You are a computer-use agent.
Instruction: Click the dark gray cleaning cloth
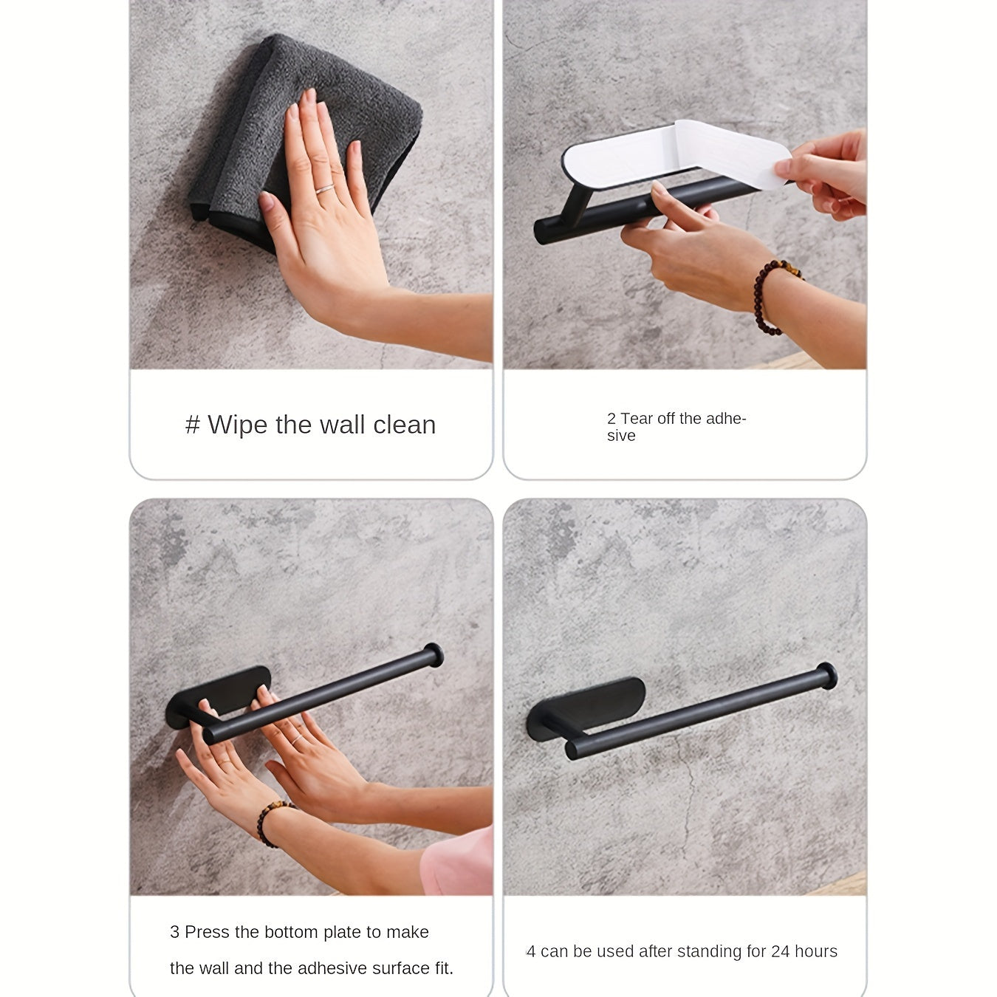coord(332,111)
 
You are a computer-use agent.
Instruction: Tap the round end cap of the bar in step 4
coord(826,674)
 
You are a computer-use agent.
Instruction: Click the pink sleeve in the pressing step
coord(458,864)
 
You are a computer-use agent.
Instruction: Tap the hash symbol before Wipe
coord(193,425)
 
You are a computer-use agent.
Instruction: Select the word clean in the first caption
coord(404,425)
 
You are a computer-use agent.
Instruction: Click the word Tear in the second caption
coord(637,419)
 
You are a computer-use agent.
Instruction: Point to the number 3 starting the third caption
coord(174,932)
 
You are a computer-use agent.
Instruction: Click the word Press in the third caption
coord(207,932)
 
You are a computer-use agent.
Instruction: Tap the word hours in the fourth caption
coord(816,951)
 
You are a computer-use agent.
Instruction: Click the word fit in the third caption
coord(442,968)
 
